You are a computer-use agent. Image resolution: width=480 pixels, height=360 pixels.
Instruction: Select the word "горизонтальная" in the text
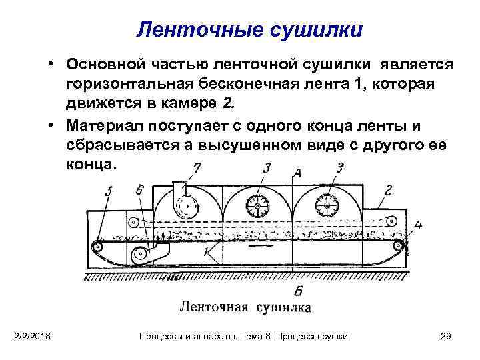tap(137, 85)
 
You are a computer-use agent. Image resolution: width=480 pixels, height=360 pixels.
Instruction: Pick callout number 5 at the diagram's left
tap(109, 191)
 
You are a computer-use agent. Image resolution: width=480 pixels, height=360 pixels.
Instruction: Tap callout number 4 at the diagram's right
tap(418, 225)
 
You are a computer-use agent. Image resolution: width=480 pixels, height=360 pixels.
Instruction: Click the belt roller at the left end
tap(99, 246)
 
